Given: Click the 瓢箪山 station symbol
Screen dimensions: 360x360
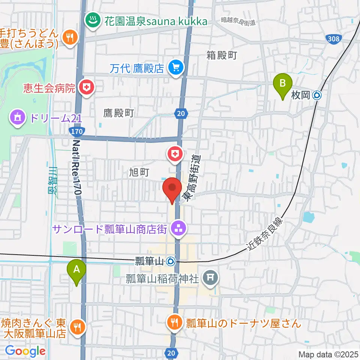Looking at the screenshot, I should (171, 261).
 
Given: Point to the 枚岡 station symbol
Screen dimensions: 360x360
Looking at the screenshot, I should (317, 95).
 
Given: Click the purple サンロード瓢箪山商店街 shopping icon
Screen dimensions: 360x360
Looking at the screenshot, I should (178, 228).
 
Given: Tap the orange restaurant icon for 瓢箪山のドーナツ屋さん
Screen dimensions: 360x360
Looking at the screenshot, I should (174, 322).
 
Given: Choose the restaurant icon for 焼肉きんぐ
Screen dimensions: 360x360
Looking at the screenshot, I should (77, 327).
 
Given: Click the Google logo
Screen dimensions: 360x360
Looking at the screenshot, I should (25, 351).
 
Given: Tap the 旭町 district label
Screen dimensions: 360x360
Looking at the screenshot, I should (139, 172).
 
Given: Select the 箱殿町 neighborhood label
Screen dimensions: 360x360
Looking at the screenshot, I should (222, 55).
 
